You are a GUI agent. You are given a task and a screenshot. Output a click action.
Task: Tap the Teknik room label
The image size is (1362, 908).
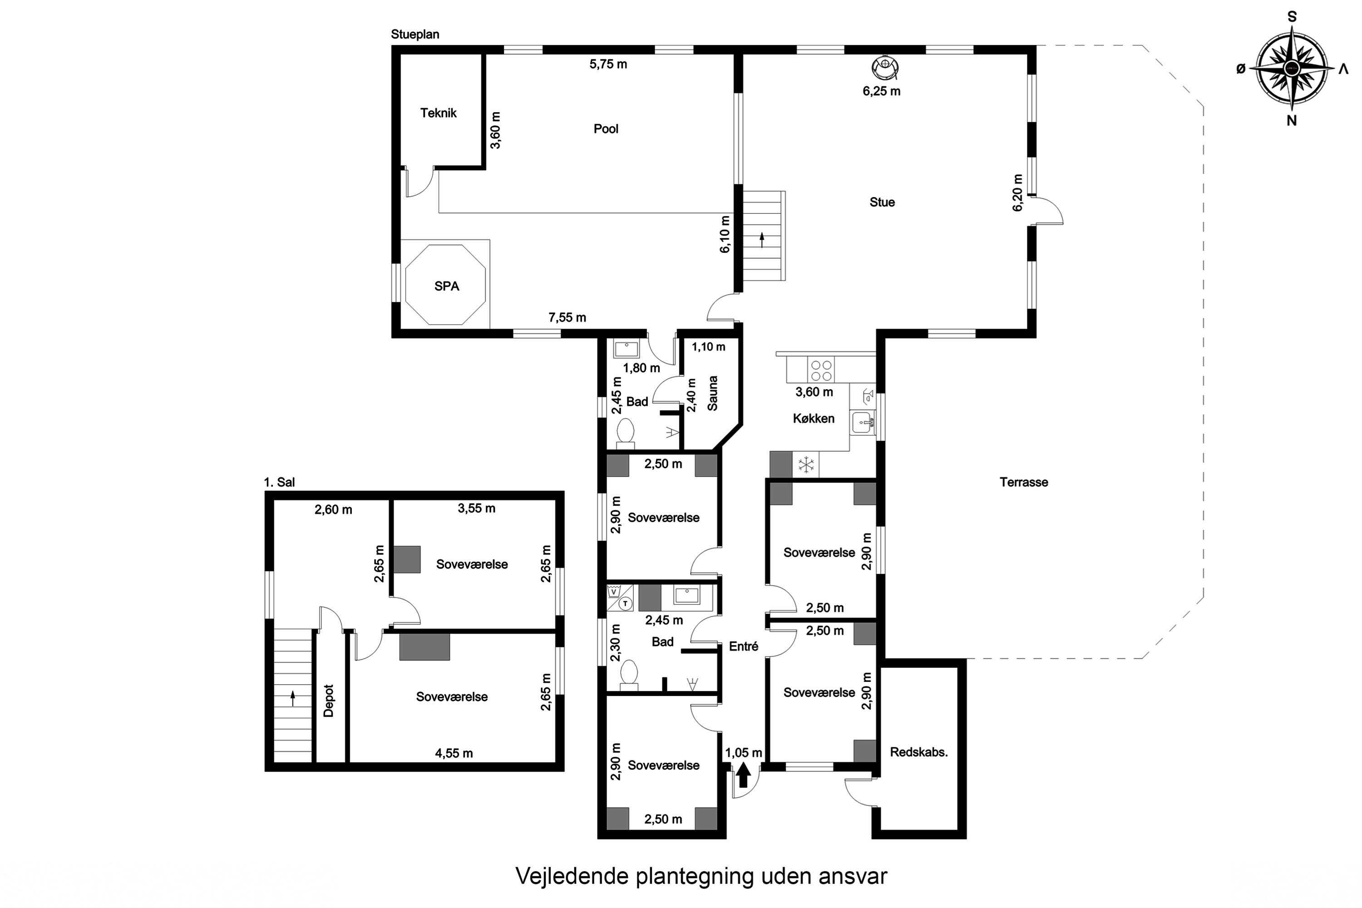tap(439, 113)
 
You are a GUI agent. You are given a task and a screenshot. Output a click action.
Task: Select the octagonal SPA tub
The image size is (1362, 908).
tap(445, 285)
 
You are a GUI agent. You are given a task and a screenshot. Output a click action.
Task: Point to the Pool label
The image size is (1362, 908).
tap(606, 128)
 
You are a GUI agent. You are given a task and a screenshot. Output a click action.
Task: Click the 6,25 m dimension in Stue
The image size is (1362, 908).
tap(881, 91)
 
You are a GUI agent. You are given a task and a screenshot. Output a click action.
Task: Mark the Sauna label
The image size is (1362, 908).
tap(713, 393)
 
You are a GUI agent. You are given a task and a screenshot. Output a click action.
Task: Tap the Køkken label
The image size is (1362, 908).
tap(814, 418)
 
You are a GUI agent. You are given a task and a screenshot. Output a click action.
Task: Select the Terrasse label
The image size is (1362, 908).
tap(1023, 482)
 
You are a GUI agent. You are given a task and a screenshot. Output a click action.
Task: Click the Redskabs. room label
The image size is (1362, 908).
tap(918, 752)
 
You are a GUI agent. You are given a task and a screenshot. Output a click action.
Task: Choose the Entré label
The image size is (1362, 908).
tap(744, 646)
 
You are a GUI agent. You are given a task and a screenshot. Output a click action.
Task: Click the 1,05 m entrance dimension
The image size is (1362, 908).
tap(744, 753)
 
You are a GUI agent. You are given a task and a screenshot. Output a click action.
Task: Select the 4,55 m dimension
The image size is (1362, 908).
tap(454, 753)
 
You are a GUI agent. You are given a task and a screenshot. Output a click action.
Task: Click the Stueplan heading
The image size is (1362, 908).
tap(415, 34)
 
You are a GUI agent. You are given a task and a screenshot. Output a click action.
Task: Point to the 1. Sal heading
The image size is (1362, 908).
tap(279, 482)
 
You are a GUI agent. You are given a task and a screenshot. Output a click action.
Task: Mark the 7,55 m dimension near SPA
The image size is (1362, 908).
tap(567, 317)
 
